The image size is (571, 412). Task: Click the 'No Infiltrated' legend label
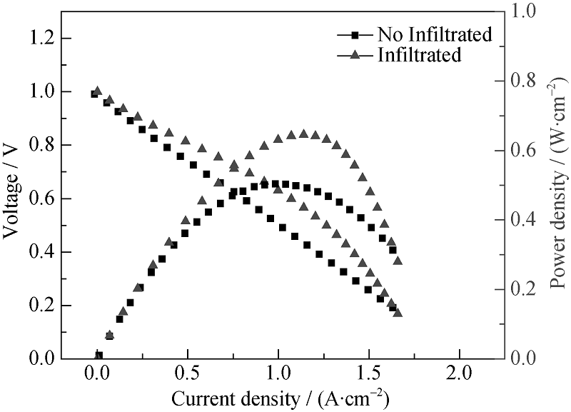pyautogui.click(x=434, y=34)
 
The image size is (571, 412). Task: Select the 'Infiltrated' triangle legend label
pyautogui.click(x=420, y=54)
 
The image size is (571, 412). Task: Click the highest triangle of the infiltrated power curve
pyautogui.click(x=303, y=134)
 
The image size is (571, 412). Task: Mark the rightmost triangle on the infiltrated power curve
pyautogui.click(x=398, y=260)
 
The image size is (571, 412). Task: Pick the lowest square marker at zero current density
pyautogui.click(x=98, y=355)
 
